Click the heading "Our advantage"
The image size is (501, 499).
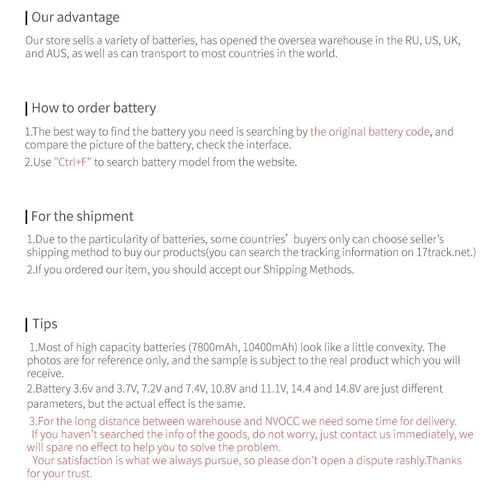pos(75,17)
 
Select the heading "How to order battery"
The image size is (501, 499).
pos(93,108)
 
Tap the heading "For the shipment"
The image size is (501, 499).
pos(82,217)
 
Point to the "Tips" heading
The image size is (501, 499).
pos(45,324)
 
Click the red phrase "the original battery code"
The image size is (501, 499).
pos(370,132)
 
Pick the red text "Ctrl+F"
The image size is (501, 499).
pos(73,162)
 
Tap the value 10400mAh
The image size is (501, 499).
pos(269,348)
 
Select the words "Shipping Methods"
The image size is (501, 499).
pos(308,270)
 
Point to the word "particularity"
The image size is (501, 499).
pos(117,240)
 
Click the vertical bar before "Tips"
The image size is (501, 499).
pos(26,325)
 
